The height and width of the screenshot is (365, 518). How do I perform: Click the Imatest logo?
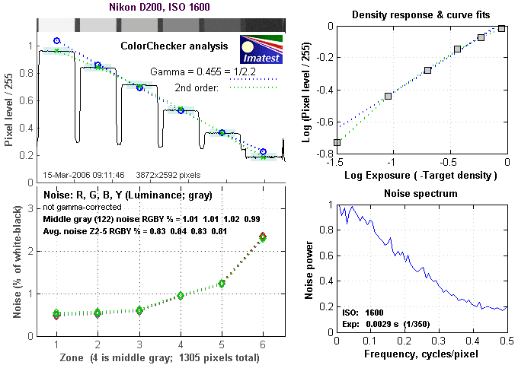click(261, 46)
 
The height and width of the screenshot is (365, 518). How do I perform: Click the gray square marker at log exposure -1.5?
click(337, 142)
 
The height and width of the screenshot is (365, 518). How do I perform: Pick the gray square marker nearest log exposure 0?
click(501, 28)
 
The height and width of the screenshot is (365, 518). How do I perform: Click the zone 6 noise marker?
click(263, 237)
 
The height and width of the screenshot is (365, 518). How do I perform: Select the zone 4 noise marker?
click(181, 295)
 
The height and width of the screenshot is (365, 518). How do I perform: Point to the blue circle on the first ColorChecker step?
click(56, 40)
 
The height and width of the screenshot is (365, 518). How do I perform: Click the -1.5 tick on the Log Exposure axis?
click(336, 162)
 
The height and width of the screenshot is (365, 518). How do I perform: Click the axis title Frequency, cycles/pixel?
click(421, 355)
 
